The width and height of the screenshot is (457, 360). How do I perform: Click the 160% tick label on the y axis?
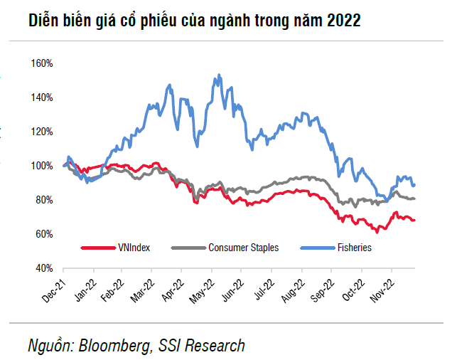[43, 63]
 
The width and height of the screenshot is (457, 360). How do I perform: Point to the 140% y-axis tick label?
[43, 97]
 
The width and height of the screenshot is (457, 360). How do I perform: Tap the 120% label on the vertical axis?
[43, 132]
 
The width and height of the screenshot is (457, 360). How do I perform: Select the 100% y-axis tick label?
[43, 166]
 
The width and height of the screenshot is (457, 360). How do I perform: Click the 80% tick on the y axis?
[44, 200]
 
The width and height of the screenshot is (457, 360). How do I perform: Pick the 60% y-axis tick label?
[44, 234]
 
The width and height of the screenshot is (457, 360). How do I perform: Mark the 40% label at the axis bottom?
[44, 268]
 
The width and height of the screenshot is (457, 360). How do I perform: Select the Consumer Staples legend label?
[243, 248]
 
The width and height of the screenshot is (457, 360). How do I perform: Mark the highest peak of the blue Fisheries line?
[217, 74]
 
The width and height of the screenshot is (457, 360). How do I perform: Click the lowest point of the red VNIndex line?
[377, 232]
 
